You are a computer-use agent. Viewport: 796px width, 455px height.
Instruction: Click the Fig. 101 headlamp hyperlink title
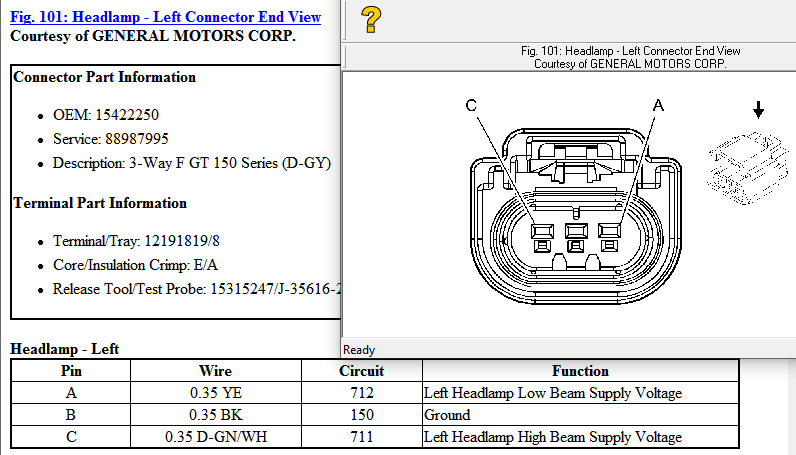click(165, 17)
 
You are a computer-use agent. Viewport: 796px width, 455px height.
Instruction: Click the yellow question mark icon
click(371, 20)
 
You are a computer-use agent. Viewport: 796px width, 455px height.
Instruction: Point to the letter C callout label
click(471, 105)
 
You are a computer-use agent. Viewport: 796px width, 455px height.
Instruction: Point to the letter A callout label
click(658, 105)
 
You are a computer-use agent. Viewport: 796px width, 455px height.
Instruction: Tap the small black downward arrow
click(758, 110)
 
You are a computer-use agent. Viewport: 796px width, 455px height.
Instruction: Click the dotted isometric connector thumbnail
click(747, 168)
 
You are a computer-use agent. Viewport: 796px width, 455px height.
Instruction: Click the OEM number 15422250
click(127, 115)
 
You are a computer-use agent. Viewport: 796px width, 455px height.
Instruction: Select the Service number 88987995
click(137, 139)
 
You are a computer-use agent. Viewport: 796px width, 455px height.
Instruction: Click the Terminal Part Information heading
click(100, 203)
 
